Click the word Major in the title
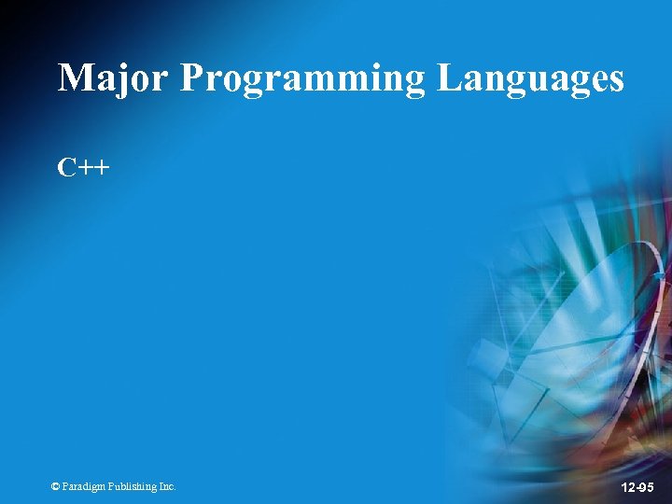tap(113, 77)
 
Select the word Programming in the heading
tap(303, 79)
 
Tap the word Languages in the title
tap(530, 79)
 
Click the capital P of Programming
tap(191, 77)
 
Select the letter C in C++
tap(67, 168)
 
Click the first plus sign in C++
tap(85, 169)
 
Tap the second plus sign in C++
tap(101, 169)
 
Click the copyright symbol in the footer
tap(56, 486)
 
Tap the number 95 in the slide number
tap(646, 486)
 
